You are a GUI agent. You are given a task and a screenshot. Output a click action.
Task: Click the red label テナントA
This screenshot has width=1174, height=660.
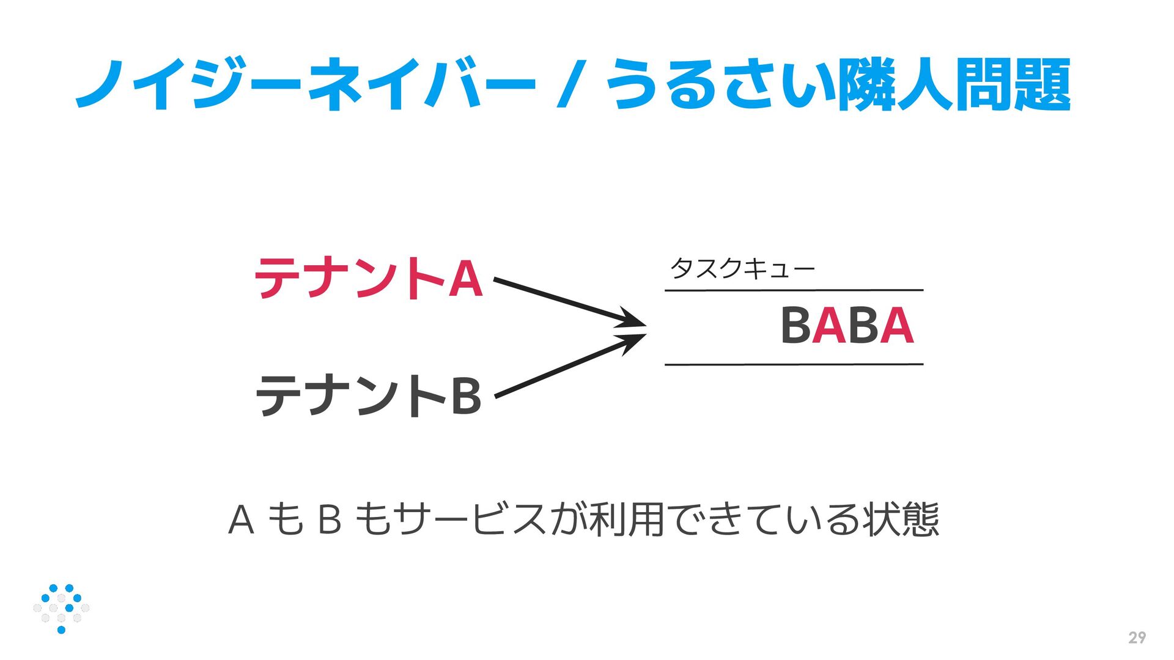pos(369,278)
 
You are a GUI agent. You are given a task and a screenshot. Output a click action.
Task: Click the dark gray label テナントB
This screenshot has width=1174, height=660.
pos(369,395)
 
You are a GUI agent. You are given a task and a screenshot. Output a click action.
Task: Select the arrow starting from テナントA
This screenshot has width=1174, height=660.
pos(569,302)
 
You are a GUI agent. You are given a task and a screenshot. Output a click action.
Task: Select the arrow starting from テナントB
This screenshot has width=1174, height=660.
pos(569,365)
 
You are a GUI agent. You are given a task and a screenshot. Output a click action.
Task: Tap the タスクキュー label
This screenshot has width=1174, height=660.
pos(742,268)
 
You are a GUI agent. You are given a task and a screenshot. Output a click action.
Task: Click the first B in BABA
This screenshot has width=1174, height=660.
pos(796,326)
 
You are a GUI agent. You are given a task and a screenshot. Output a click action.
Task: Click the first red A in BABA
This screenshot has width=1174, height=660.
pos(829,326)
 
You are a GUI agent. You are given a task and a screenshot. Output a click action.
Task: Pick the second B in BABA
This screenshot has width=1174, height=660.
pos(863,326)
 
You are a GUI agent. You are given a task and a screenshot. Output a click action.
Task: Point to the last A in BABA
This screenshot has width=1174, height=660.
pos(897,326)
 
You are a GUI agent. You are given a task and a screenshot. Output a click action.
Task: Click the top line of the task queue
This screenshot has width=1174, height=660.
pos(794,290)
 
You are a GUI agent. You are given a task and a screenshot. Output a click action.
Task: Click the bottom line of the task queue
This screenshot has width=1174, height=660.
pos(794,364)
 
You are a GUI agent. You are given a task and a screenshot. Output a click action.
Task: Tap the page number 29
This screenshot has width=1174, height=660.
pos(1137,638)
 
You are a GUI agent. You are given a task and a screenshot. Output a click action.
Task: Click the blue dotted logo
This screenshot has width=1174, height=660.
pos(61,608)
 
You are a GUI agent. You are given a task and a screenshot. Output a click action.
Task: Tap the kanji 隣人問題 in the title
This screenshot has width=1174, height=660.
pos(954,84)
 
